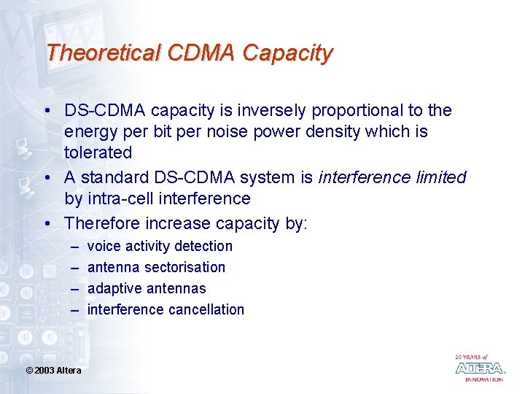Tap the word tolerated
pos(98,153)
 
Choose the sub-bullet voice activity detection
pos(160,247)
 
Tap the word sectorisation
pos(185,268)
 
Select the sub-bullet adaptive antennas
pos(147,289)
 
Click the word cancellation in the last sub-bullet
pos(206,310)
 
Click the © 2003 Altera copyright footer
pos(53,371)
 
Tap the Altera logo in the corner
pos(479,368)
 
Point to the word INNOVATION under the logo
pos(484,379)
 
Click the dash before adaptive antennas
pos(74,289)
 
